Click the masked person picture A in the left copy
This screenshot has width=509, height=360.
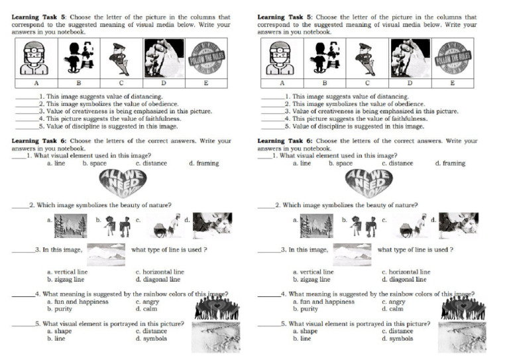35,58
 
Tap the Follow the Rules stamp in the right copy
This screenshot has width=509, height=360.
453,58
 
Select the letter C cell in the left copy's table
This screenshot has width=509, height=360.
121,84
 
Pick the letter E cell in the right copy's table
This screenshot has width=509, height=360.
453,84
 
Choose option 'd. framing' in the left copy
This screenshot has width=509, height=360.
203,163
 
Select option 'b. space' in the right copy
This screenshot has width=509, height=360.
341,163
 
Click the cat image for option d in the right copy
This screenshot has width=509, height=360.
459,225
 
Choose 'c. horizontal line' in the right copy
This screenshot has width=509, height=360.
406,272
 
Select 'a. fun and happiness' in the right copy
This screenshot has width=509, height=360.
323,302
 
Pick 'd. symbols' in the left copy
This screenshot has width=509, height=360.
151,338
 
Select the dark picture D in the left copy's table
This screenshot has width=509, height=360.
164,58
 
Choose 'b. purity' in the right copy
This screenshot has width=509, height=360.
306,309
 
